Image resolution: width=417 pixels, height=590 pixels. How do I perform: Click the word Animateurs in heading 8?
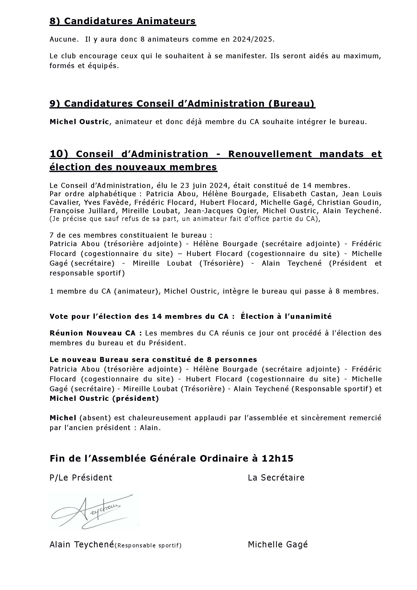(166, 21)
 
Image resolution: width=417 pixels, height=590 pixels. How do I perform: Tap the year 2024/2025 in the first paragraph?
(253, 40)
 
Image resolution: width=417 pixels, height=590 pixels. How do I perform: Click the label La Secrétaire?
(276, 478)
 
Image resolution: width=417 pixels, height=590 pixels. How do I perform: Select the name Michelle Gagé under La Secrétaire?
(278, 544)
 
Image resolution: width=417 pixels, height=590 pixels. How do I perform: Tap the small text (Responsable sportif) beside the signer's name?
(148, 545)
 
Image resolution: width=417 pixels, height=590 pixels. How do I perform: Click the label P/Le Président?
(81, 478)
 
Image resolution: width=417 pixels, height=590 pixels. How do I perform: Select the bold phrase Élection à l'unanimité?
(286, 317)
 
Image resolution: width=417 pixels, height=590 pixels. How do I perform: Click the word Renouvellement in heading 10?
(270, 154)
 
